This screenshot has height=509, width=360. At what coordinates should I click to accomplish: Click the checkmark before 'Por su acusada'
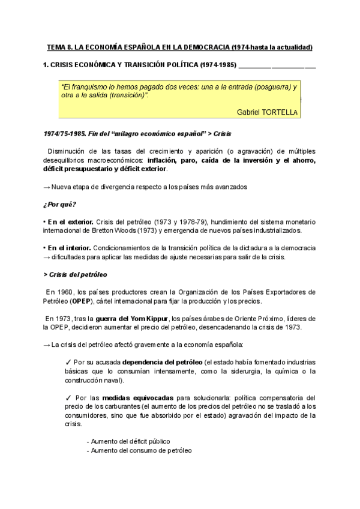[67, 363]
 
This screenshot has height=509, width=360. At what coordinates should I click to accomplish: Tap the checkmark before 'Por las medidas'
[67, 397]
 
